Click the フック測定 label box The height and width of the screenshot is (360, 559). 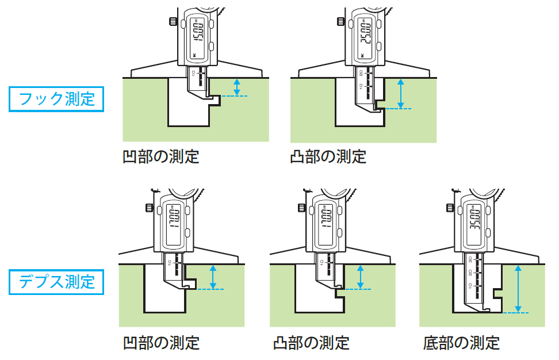click(56, 99)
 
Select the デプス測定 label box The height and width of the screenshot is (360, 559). click(56, 282)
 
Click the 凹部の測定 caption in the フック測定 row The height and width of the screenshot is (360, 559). click(161, 156)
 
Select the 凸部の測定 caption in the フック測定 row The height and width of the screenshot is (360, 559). click(328, 156)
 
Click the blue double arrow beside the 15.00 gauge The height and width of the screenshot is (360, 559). click(236, 87)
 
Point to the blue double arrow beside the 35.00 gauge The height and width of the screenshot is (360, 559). click(518, 289)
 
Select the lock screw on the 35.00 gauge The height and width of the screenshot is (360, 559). click(450, 206)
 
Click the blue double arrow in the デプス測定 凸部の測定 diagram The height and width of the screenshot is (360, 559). click(361, 277)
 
